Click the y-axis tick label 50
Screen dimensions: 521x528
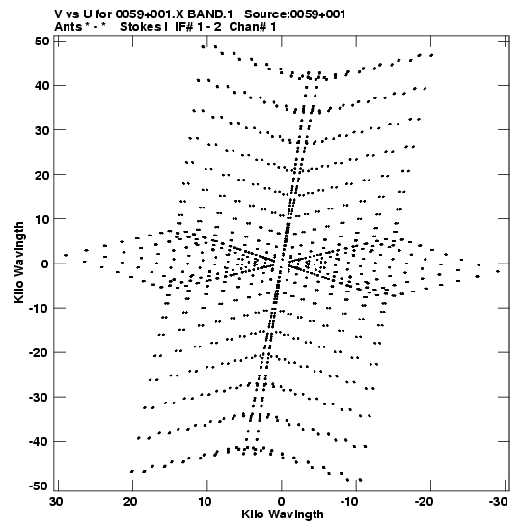tap(41, 42)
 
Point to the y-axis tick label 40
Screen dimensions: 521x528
tap(41, 86)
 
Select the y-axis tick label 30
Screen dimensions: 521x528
tap(41, 130)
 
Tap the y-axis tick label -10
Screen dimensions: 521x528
tap(39, 308)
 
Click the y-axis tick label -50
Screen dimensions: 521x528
tap(39, 486)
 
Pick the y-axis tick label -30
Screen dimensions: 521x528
tap(39, 397)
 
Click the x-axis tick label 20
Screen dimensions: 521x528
tap(130, 502)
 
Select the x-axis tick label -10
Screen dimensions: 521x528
tap(349, 502)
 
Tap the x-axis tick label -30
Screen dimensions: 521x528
tap(498, 502)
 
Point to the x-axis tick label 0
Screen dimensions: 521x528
tap(281, 502)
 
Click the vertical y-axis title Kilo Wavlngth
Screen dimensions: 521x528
tap(19, 263)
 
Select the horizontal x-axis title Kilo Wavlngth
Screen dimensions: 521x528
tap(283, 514)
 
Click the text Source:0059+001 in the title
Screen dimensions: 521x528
tap(295, 14)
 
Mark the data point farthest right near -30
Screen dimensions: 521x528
tap(498, 271)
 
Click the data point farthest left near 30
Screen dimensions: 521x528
tap(66, 255)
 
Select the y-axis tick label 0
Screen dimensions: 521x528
tap(45, 264)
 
